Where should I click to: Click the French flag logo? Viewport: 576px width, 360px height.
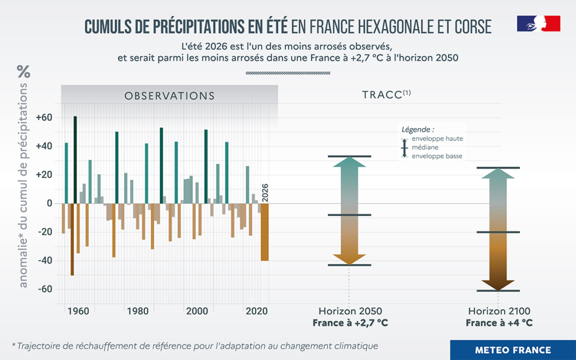pos(538,23)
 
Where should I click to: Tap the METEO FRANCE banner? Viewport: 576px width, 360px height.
pos(513,350)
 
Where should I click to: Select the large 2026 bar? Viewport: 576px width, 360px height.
pos(265,232)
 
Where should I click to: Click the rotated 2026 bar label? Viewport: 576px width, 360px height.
pos(265,193)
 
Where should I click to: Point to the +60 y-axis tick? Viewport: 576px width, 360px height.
pos(44,118)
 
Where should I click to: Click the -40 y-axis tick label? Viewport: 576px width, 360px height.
pos(45,261)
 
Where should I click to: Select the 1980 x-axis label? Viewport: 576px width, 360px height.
pos(138,312)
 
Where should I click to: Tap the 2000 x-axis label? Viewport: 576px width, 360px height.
pos(197,312)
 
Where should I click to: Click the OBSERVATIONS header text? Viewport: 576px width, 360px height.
pos(169,96)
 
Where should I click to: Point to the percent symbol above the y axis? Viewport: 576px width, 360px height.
pos(24,71)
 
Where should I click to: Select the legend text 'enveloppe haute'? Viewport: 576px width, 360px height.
pos(437,139)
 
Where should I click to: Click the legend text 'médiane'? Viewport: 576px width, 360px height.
pos(425,147)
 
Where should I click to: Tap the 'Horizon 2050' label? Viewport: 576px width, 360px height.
pos(350,311)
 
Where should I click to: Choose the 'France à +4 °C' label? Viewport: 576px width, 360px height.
pos(499,323)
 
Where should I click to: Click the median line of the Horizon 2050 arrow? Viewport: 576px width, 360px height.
pos(349,215)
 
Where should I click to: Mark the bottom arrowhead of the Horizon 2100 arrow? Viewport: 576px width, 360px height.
pos(498,285)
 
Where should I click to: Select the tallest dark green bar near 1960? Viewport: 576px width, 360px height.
pos(75,160)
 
